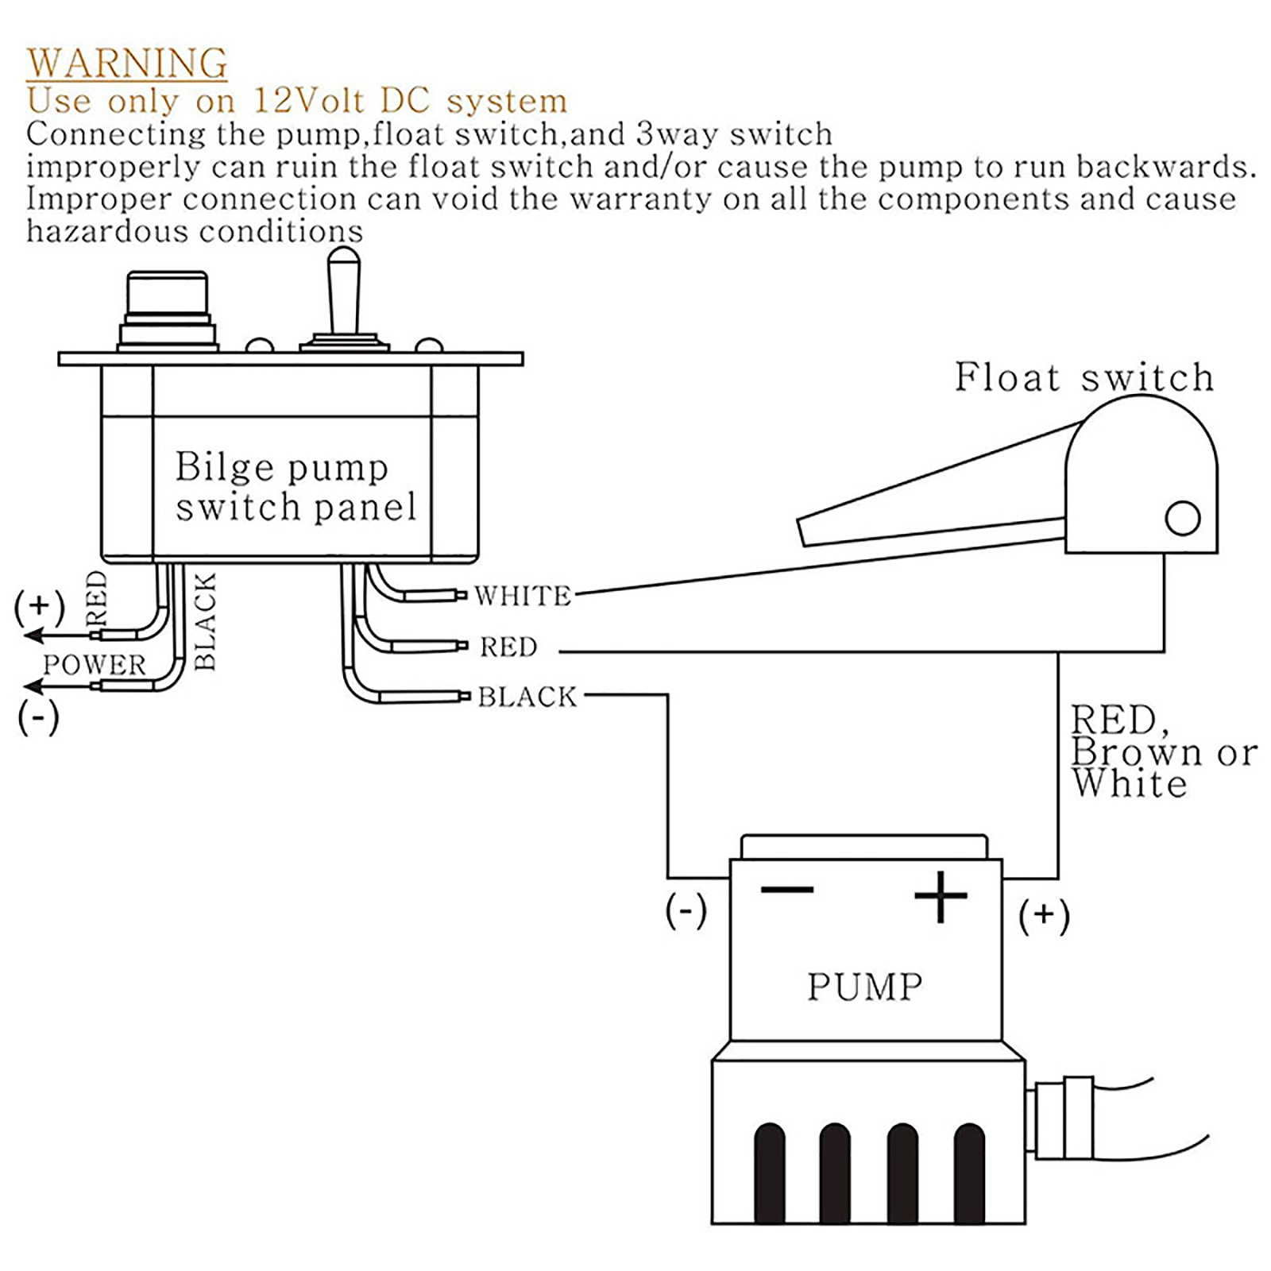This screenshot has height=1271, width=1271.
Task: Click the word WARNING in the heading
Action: coord(127,64)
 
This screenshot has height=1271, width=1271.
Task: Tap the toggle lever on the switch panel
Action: coord(344,290)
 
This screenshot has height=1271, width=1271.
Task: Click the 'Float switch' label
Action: coord(1084,377)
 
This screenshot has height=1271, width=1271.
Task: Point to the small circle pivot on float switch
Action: coord(1182,519)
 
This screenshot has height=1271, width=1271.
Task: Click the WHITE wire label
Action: coord(523,596)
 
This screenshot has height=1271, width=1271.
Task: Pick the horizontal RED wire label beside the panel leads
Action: coord(508,647)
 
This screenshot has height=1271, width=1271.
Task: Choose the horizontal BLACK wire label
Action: coord(527,697)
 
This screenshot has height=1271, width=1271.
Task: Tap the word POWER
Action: coord(94,665)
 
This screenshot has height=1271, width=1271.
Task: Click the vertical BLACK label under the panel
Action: coord(205,621)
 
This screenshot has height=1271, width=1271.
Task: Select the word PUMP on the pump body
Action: coord(865,987)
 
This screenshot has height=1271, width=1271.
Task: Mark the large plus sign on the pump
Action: coord(941,896)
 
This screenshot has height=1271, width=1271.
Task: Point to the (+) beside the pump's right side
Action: coord(1044,915)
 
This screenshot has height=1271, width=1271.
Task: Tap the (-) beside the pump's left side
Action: coord(686,910)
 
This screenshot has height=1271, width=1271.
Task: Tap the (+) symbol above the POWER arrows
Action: coord(39,606)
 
